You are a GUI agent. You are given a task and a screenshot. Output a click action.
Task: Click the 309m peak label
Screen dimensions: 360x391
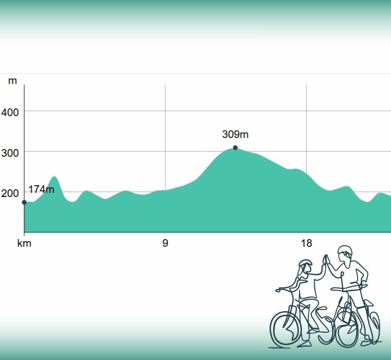[x=235, y=135]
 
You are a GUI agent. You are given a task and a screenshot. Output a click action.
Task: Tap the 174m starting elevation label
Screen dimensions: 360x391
[x=41, y=189]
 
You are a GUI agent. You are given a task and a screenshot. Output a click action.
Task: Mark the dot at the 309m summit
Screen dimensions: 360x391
[x=235, y=148]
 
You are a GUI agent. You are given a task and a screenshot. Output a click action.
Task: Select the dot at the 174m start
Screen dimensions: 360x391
[x=24, y=202]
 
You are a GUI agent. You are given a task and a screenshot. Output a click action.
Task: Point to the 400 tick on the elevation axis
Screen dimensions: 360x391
[x=10, y=112]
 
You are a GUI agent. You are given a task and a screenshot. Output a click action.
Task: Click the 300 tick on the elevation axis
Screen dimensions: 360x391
[x=10, y=152]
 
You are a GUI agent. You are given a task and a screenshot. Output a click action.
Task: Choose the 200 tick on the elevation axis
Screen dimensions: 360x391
[x=10, y=193]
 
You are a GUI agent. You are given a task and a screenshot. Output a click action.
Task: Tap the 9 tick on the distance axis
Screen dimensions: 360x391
[x=165, y=243]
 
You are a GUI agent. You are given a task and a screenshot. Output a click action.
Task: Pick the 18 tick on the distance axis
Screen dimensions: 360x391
[x=307, y=243]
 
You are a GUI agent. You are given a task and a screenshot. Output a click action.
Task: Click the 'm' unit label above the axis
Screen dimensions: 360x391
[x=12, y=81]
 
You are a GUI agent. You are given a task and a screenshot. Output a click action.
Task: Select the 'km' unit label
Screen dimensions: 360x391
[x=24, y=243]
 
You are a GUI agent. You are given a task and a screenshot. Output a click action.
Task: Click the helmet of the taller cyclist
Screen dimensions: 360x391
[x=345, y=251]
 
